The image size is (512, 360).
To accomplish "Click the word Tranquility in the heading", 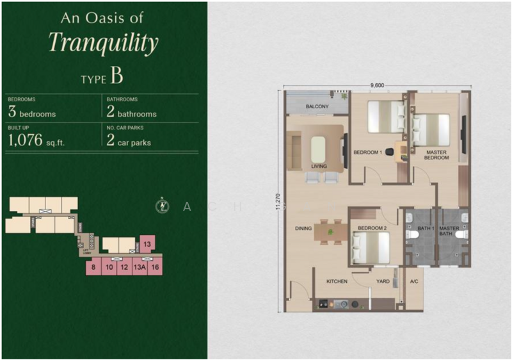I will tap(103, 43).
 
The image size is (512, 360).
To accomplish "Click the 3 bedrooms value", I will tap(31, 113).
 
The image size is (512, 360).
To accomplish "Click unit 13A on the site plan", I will tap(138, 268).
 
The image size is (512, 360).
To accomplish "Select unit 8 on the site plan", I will tap(93, 268).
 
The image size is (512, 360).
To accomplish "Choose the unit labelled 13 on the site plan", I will tap(147, 245).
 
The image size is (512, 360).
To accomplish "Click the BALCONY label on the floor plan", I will tap(317, 106).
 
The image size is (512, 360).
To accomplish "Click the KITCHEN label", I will tap(337, 281).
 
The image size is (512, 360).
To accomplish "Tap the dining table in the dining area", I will tap(331, 232).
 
